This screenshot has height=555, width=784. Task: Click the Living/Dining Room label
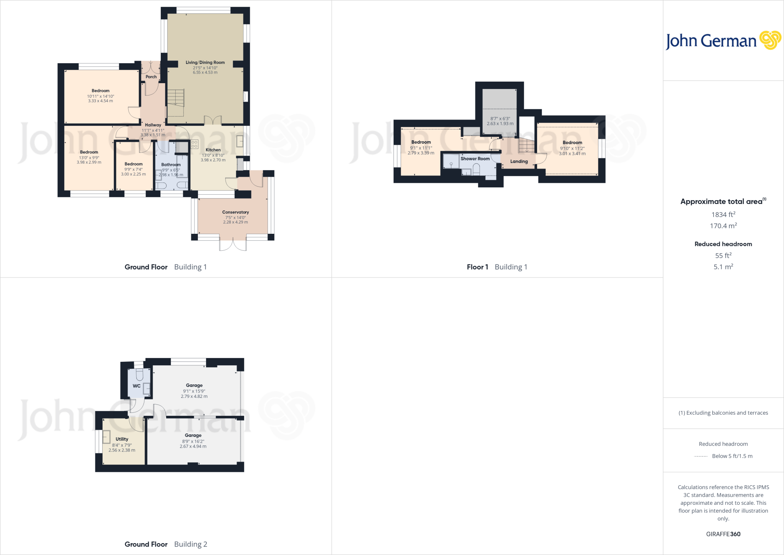205,62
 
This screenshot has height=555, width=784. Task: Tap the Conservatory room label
235,212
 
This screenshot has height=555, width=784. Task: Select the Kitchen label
213,150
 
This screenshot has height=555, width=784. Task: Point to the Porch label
151,77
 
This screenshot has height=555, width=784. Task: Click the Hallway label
153,125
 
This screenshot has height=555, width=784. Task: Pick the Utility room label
122,439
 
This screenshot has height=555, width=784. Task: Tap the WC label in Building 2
136,386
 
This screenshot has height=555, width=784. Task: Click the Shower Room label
475,159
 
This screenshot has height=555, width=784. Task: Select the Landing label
519,161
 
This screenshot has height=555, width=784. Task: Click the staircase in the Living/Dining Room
176,98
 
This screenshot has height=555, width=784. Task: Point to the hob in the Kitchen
194,144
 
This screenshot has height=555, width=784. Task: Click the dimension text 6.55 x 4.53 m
205,72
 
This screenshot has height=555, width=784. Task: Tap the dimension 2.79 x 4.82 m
194,396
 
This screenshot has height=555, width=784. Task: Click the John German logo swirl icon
770,40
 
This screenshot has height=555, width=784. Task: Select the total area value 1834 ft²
723,215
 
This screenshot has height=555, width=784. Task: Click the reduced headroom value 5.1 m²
723,267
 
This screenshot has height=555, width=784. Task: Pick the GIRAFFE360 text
723,534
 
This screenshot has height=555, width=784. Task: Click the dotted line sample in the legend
701,456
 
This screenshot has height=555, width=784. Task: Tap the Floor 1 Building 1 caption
497,267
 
